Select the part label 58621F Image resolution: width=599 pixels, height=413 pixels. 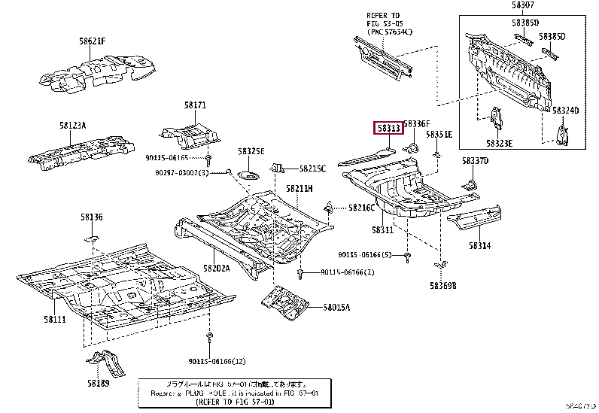[x=93, y=41]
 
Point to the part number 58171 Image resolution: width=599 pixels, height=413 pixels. [x=195, y=106]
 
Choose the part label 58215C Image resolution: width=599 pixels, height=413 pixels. [x=312, y=169]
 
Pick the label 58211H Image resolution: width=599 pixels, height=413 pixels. [x=299, y=188]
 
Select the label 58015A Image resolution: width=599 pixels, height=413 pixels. [x=337, y=307]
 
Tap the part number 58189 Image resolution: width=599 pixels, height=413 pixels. [x=99, y=383]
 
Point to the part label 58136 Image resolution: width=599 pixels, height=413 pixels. [x=92, y=217]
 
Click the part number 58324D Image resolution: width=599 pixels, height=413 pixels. [x=565, y=110]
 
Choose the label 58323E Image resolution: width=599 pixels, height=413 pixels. [x=499, y=143]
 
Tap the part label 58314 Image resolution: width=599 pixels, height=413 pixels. [x=480, y=245]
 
